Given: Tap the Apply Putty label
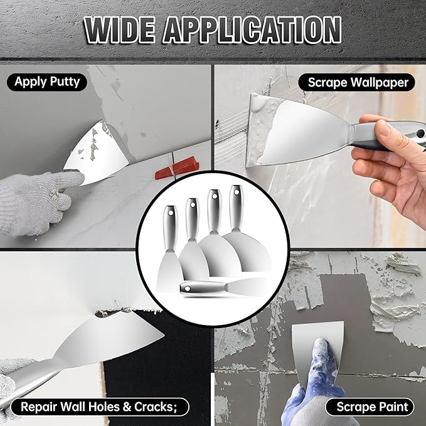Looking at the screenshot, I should (x=47, y=82).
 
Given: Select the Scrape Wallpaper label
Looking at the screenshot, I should (x=358, y=82).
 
